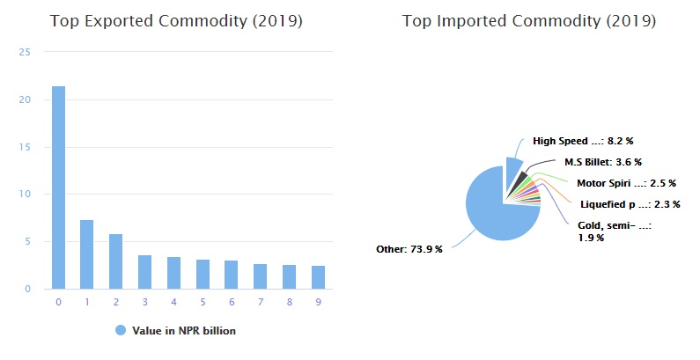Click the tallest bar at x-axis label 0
point(58,187)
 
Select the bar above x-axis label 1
point(86,254)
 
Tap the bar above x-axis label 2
point(114,261)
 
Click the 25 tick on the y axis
point(26,53)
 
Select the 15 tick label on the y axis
point(26,147)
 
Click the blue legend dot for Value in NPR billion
point(121,330)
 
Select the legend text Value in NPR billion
point(184,331)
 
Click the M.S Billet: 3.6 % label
point(603,162)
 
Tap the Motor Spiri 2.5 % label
point(626,183)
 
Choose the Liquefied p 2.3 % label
point(630,204)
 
